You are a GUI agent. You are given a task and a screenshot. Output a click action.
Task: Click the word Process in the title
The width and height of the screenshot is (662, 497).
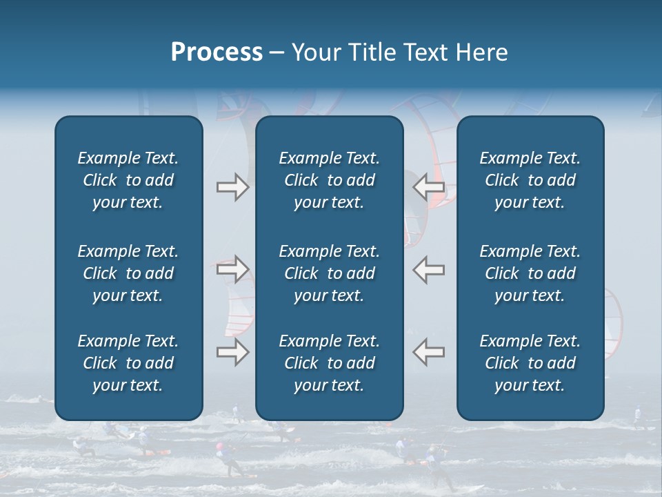pyautogui.click(x=217, y=52)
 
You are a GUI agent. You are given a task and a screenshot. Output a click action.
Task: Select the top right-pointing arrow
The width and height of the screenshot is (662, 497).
pyautogui.click(x=232, y=187)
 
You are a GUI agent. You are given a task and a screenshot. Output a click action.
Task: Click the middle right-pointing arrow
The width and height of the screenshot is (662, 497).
pyautogui.click(x=232, y=269)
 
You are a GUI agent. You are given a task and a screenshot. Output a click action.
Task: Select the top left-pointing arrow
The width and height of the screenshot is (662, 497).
pyautogui.click(x=429, y=187)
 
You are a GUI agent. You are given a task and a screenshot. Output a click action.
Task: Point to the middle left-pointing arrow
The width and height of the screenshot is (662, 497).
pyautogui.click(x=429, y=269)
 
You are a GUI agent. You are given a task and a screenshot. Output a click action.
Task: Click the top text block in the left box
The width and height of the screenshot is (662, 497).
pyautogui.click(x=128, y=180)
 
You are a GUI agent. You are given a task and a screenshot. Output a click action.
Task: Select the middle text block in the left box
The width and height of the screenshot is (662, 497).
pyautogui.click(x=128, y=273)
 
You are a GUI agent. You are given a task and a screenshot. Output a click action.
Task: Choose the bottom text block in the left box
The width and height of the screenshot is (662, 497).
pyautogui.click(x=128, y=363)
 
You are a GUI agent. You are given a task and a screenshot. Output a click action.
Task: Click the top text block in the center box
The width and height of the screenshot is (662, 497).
pyautogui.click(x=329, y=180)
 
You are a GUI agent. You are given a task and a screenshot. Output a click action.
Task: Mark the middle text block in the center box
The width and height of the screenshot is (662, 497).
pyautogui.click(x=329, y=273)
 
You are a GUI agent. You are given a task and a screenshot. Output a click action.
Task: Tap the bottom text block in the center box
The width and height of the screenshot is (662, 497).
pyautogui.click(x=329, y=363)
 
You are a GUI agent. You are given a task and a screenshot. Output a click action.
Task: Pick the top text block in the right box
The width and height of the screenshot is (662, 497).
pyautogui.click(x=530, y=180)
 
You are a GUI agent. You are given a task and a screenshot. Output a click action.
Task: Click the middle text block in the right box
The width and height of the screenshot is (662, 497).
pyautogui.click(x=530, y=273)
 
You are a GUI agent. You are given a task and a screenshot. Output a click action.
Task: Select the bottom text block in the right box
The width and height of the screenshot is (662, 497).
pyautogui.click(x=530, y=363)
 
